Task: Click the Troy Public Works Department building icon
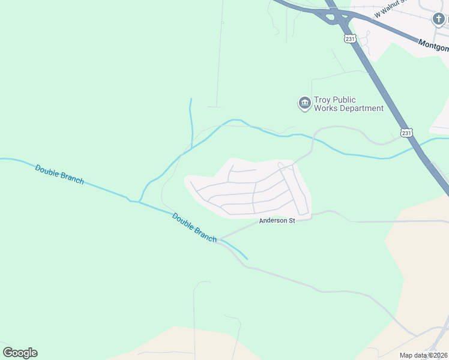pyautogui.click(x=304, y=104)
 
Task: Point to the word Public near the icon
pyautogui.click(x=346, y=100)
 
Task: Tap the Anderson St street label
pyautogui.click(x=277, y=221)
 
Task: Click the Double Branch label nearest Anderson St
pyautogui.click(x=194, y=227)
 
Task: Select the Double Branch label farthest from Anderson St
pyautogui.click(x=59, y=174)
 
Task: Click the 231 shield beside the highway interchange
pyautogui.click(x=351, y=39)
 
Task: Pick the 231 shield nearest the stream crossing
pyautogui.click(x=407, y=133)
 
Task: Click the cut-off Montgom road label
pyautogui.click(x=433, y=45)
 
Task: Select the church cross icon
pyautogui.click(x=439, y=19)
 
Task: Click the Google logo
pyautogui.click(x=20, y=353)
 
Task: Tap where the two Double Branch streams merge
pyautogui.click(x=139, y=202)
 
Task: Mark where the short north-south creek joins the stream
pyautogui.click(x=191, y=148)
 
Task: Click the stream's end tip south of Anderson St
pyautogui.click(x=247, y=259)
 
